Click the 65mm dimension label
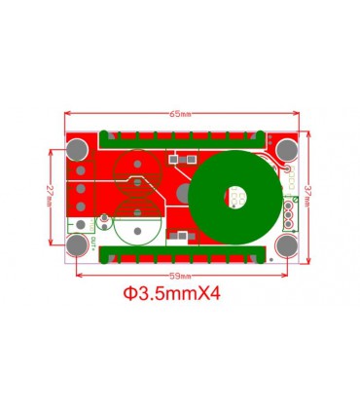point(181,115)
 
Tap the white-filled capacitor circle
point(135,231)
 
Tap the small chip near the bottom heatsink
point(179,237)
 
